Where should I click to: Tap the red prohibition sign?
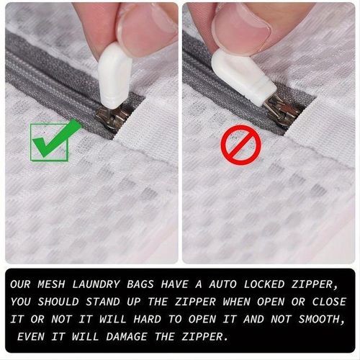[x=240, y=145]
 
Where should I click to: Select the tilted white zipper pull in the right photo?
[x=243, y=77]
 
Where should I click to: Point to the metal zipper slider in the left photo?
[x=112, y=115]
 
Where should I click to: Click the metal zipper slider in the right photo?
[x=283, y=110]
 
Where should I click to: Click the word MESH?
[x=51, y=284]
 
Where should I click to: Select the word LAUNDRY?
[x=96, y=284]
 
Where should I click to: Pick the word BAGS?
[x=140, y=284]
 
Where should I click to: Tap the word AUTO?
[x=222, y=284]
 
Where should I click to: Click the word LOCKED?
[x=264, y=284]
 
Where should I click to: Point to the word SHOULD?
[x=58, y=302]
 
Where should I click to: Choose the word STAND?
[x=103, y=302]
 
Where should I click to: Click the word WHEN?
[x=236, y=302]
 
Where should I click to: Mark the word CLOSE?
[x=329, y=302]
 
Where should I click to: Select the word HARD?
[x=148, y=320]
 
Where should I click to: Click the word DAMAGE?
[x=127, y=337]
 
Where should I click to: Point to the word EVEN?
[x=31, y=337]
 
